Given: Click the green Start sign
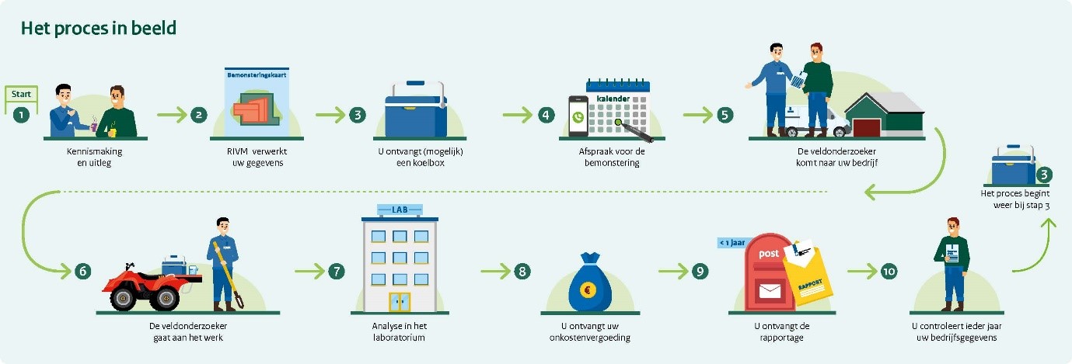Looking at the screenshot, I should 21,94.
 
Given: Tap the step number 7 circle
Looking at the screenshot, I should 335,271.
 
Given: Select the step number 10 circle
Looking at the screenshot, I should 889,271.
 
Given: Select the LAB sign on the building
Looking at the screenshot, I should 399,210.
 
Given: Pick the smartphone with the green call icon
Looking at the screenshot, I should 577,117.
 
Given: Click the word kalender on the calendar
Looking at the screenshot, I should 614,99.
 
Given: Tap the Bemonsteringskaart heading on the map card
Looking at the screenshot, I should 256,76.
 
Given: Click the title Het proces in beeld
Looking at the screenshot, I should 99,29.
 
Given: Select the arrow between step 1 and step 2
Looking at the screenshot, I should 172,115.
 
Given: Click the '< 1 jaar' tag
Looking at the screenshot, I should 732,242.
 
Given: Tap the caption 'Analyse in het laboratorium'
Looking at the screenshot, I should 399,332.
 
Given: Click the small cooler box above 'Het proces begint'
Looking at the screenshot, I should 1013,165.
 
